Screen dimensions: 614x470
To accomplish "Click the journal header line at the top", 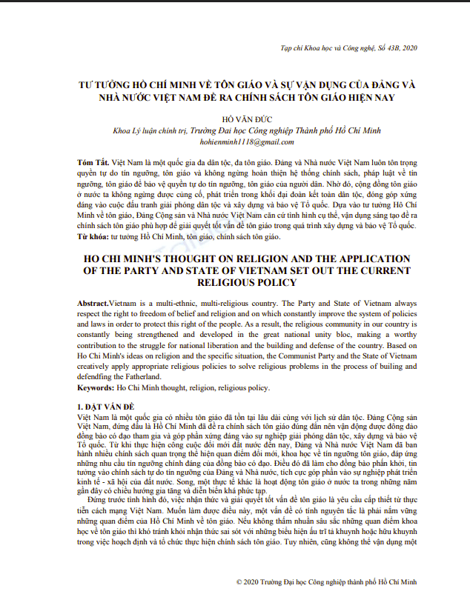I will coord(349,48).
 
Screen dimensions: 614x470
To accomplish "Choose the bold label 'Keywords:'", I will coord(96,387).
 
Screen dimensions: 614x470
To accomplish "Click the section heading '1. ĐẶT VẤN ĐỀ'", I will coord(106,408).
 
